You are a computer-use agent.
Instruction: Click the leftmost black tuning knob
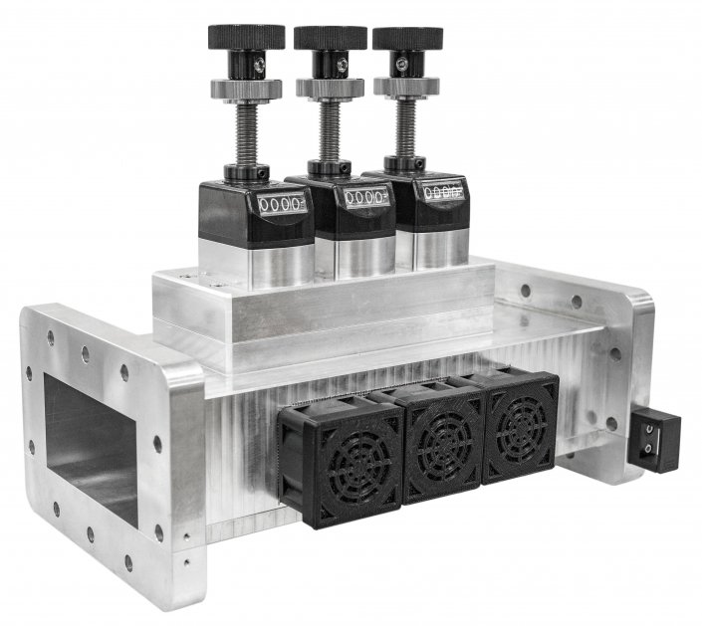click(246, 37)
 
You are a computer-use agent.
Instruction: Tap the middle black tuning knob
click(330, 37)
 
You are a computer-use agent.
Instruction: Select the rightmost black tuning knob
click(407, 38)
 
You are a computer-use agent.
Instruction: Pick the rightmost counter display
click(442, 191)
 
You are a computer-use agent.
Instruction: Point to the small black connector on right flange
click(646, 436)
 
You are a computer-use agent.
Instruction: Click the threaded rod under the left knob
click(246, 134)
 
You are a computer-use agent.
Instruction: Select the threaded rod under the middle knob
click(330, 130)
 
